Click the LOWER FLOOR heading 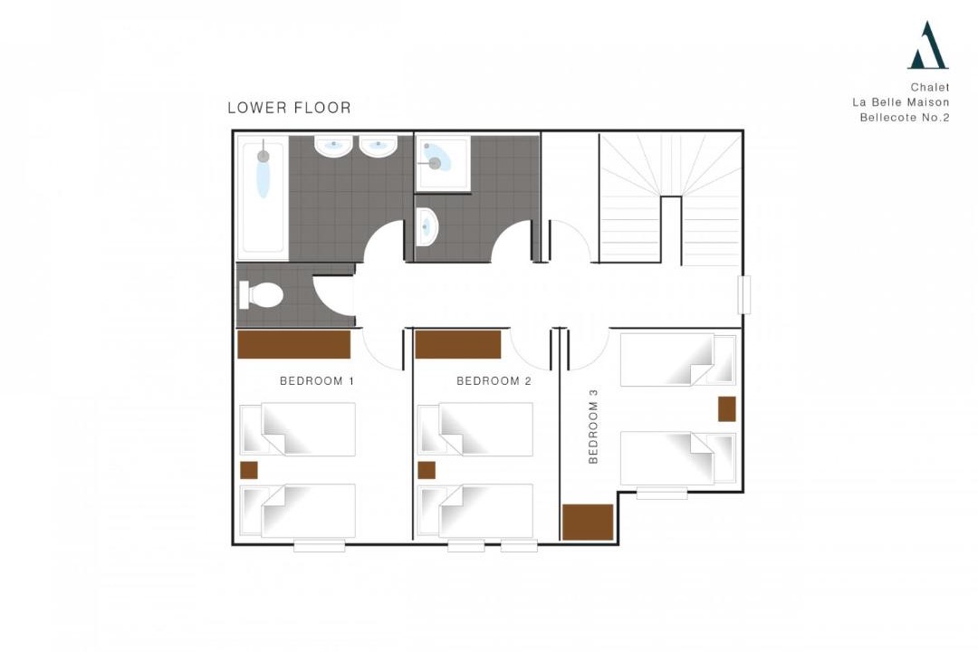tap(290, 108)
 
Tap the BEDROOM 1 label tap(317, 380)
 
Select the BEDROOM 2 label tap(494, 380)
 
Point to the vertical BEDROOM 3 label tap(593, 427)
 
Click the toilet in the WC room tap(261, 294)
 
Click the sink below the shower tap(427, 226)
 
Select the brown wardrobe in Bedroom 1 tap(293, 344)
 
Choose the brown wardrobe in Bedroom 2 tap(458, 344)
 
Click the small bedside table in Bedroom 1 tap(249, 470)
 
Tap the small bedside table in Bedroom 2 tap(427, 470)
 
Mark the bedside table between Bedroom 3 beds tap(726, 408)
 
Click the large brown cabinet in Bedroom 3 tap(589, 522)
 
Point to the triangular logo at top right tap(927, 45)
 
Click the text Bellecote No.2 tap(905, 118)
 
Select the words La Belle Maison tap(901, 102)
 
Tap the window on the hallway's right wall tap(744, 294)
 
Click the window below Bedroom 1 tap(320, 547)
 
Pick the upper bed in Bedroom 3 tap(678, 360)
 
